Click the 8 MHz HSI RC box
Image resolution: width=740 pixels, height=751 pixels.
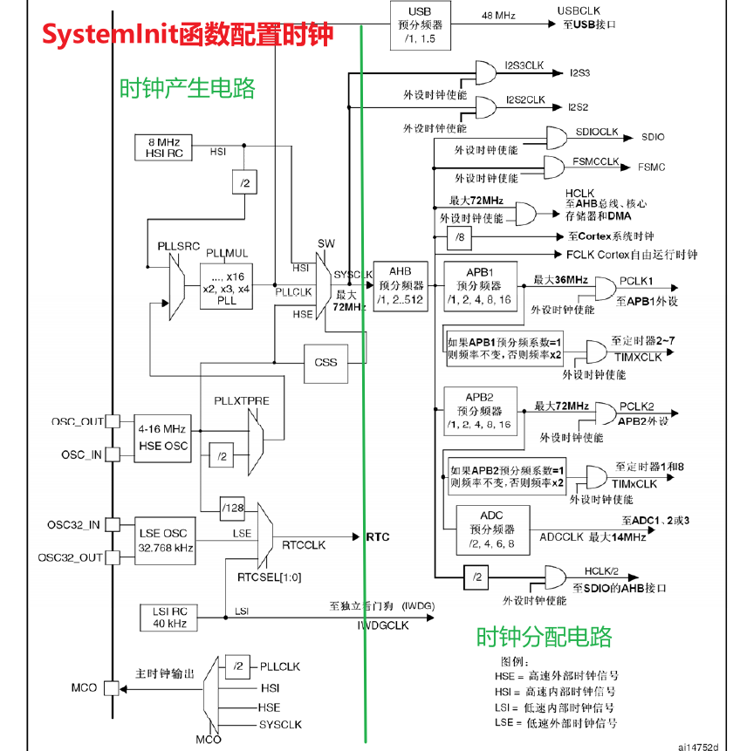click(x=163, y=147)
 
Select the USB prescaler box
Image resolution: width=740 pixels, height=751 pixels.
click(x=421, y=25)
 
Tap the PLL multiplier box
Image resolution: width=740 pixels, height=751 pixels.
click(x=226, y=286)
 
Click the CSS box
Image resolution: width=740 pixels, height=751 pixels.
click(x=325, y=364)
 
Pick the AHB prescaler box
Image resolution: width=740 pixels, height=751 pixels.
click(x=401, y=287)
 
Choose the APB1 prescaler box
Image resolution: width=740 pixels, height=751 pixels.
click(x=480, y=286)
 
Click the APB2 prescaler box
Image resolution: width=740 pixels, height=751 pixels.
click(x=480, y=412)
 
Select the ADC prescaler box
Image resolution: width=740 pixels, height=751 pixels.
click(x=493, y=530)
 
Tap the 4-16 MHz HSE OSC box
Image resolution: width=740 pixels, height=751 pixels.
click(x=162, y=438)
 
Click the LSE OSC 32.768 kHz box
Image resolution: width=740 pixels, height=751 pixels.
click(x=165, y=541)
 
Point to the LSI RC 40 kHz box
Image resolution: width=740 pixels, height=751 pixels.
click(x=168, y=618)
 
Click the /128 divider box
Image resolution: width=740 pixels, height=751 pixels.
click(x=232, y=509)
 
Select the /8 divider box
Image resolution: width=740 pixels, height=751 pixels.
click(x=459, y=237)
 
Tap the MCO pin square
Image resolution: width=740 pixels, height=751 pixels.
click(x=112, y=688)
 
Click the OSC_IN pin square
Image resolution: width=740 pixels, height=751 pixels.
click(x=113, y=454)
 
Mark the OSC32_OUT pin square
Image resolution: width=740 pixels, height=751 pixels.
click(x=113, y=557)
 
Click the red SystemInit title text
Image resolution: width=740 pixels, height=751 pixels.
click(x=188, y=35)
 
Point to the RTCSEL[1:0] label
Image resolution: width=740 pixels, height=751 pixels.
click(x=270, y=577)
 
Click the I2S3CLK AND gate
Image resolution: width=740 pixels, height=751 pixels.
click(x=485, y=72)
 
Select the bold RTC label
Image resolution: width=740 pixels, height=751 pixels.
click(x=378, y=537)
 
